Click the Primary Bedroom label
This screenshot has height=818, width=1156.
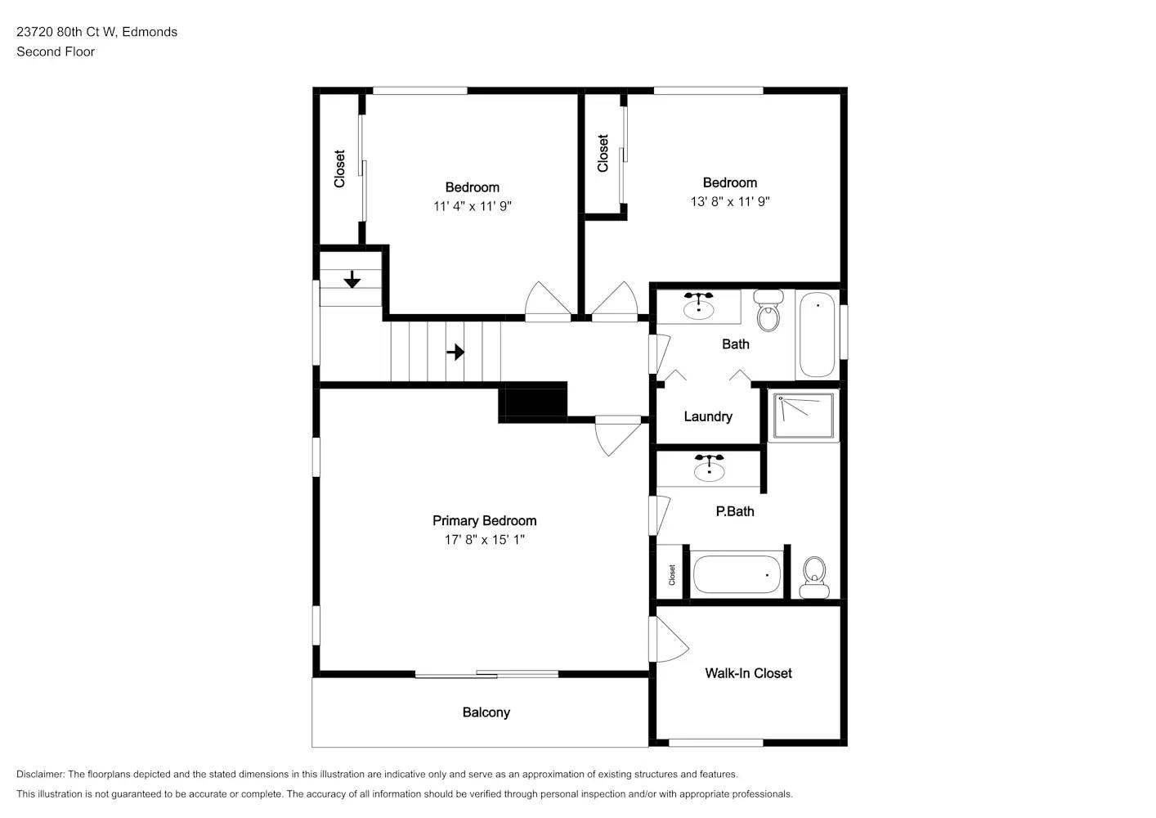pyautogui.click(x=484, y=520)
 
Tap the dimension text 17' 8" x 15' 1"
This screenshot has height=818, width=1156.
pyautogui.click(x=484, y=540)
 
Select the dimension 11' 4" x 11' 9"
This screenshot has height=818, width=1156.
pyautogui.click(x=472, y=206)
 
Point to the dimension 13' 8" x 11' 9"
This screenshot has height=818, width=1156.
pyautogui.click(x=729, y=201)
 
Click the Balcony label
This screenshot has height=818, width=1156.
pyautogui.click(x=486, y=712)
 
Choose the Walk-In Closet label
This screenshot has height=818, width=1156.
pyautogui.click(x=748, y=673)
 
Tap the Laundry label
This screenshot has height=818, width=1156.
pyautogui.click(x=707, y=416)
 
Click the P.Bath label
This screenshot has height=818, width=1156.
pyautogui.click(x=734, y=511)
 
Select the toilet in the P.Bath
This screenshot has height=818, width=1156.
pyautogui.click(x=814, y=577)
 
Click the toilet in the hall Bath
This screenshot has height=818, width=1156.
pyautogui.click(x=768, y=310)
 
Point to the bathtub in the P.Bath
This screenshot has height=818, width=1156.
pyautogui.click(x=737, y=574)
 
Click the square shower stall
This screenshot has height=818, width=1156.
pyautogui.click(x=804, y=416)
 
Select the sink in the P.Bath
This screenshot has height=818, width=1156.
pyautogui.click(x=709, y=469)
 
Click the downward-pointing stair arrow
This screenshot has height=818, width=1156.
pyautogui.click(x=352, y=280)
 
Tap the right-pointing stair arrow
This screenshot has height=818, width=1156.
pyautogui.click(x=455, y=352)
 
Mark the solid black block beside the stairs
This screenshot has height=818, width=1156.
pyautogui.click(x=533, y=402)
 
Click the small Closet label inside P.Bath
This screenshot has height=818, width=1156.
pyautogui.click(x=672, y=574)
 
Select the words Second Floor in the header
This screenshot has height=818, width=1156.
pyautogui.click(x=56, y=52)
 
